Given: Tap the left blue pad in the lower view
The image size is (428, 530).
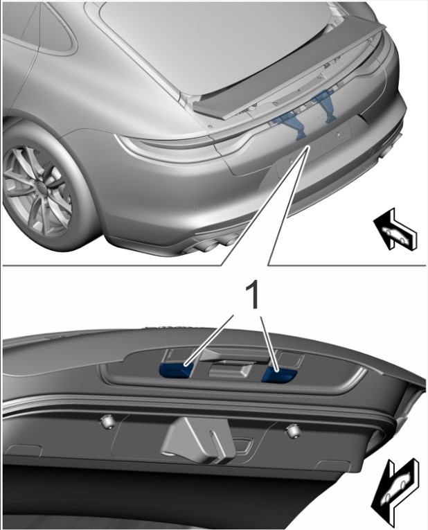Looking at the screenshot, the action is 175,370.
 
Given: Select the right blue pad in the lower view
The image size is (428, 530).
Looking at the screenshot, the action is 278,375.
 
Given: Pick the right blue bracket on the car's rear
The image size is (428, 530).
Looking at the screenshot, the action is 323,105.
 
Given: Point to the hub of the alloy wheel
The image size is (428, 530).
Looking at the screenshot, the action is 42,188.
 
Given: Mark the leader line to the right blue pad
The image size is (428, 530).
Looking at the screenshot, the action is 269,344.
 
